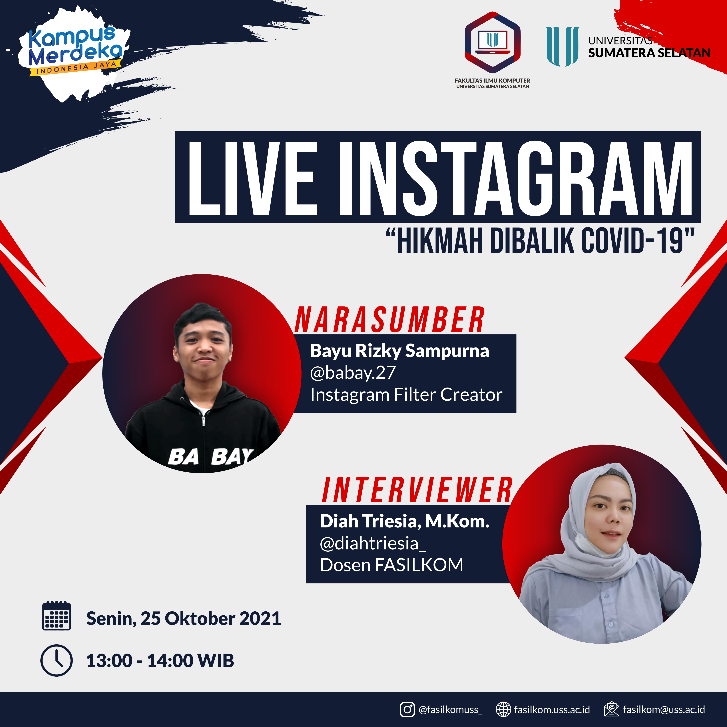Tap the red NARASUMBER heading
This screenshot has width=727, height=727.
389,320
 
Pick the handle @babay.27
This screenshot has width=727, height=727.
353,373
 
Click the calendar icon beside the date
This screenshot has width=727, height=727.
57,616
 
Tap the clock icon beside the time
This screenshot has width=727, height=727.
57,660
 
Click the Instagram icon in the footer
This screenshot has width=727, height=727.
407,710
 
